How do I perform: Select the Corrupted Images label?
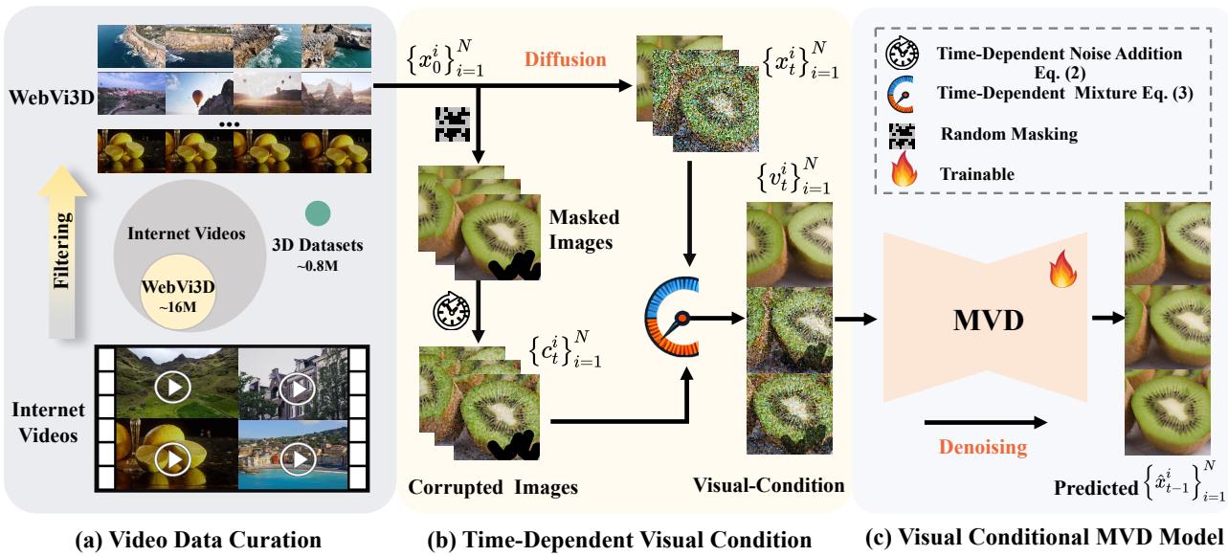493,486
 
